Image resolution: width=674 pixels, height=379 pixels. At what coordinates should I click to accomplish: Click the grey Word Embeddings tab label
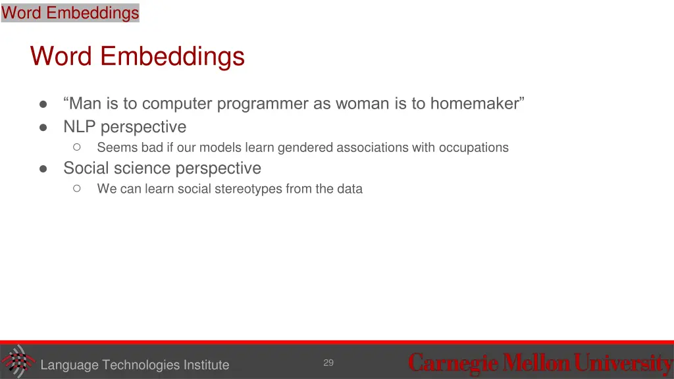[x=70, y=13]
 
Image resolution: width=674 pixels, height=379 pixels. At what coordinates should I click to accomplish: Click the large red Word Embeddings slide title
[x=138, y=56]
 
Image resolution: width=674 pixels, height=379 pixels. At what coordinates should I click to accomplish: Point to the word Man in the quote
[x=83, y=104]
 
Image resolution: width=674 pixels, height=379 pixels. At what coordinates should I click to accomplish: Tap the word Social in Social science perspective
[x=85, y=168]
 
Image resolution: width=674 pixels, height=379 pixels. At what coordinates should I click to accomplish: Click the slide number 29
[x=328, y=363]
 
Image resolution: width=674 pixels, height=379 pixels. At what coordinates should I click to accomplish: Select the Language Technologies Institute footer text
[x=134, y=365]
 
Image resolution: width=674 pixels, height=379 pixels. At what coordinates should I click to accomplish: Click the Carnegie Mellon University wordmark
[x=540, y=363]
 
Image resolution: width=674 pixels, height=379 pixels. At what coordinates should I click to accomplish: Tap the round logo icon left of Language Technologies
[x=17, y=361]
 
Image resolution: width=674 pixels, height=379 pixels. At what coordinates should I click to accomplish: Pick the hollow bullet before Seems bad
[x=77, y=147]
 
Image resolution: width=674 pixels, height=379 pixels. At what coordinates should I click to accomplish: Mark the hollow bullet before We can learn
[x=77, y=189]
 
